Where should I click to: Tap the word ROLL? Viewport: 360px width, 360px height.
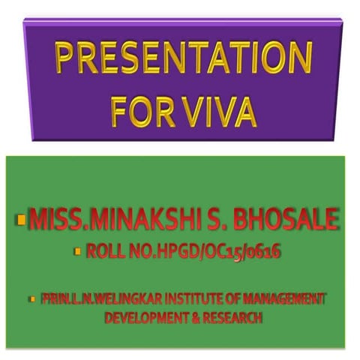click(x=106, y=253)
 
